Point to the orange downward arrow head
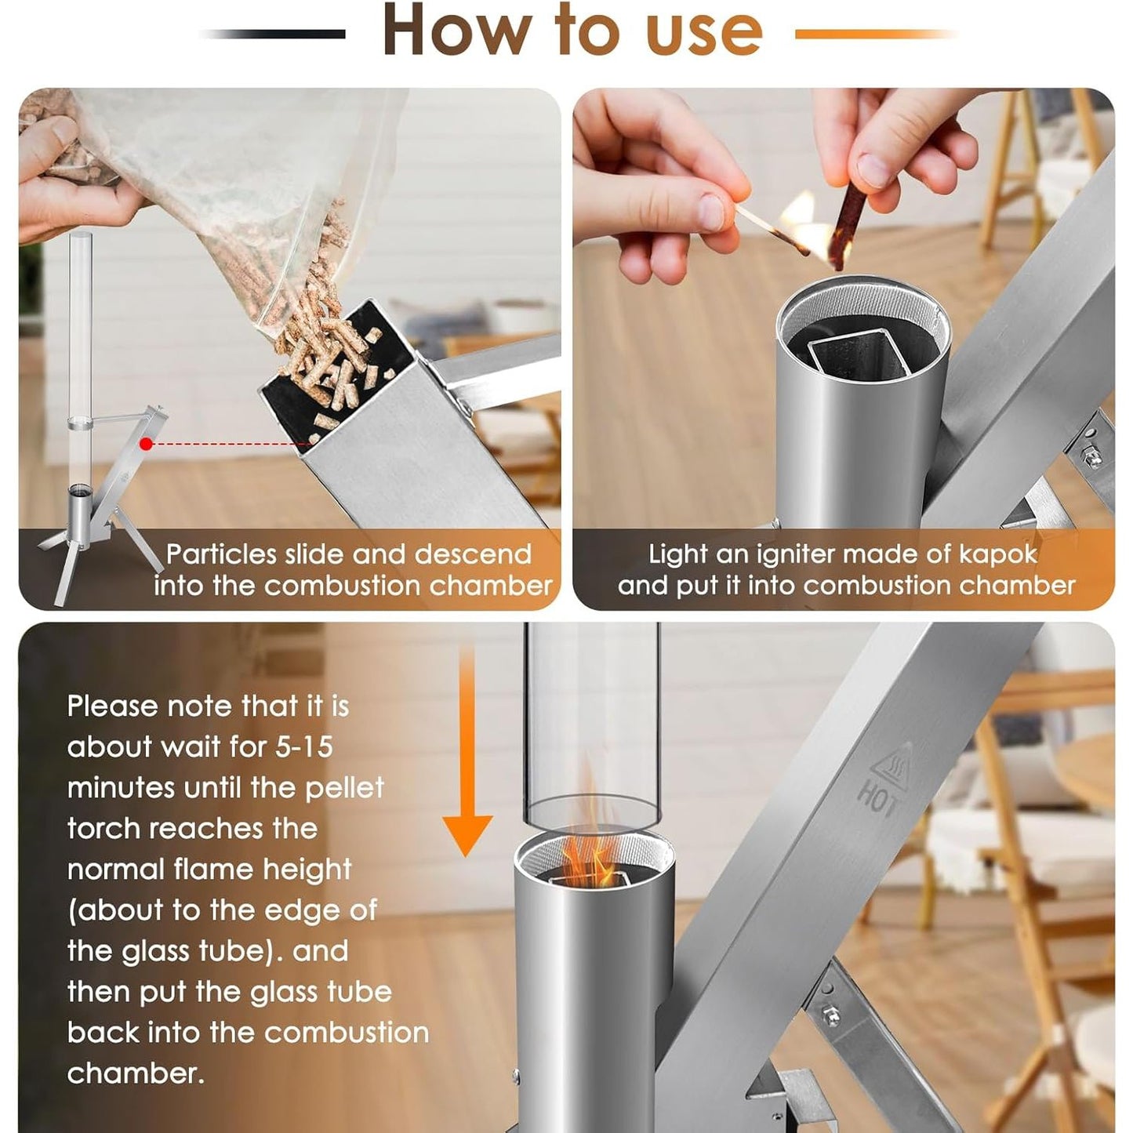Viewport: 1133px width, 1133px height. click(467, 836)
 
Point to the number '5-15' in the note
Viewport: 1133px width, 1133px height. click(303, 746)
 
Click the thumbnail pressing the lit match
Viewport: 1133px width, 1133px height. click(711, 212)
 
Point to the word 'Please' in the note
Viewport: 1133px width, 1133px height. click(111, 706)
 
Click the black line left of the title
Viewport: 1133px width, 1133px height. click(273, 34)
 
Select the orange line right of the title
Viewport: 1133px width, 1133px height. click(876, 34)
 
